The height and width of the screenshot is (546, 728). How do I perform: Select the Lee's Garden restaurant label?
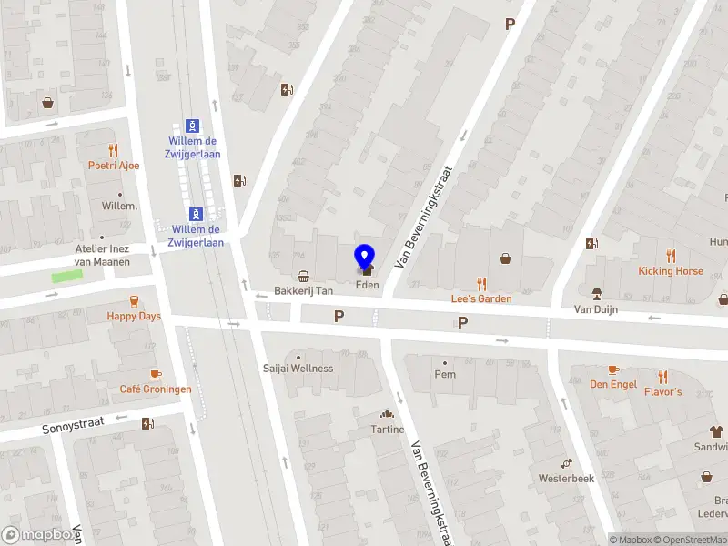pos(481,298)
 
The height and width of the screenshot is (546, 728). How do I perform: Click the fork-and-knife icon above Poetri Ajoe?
pos(113,151)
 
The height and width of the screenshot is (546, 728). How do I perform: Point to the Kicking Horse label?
pos(670,271)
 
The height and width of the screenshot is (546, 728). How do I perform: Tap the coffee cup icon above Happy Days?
pos(134,301)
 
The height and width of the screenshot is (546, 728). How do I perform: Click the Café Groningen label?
pos(156,389)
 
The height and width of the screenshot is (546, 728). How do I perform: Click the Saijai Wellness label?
pos(298,369)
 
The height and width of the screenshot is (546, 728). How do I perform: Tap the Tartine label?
pos(388,430)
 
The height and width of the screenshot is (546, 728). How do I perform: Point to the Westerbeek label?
pos(566,478)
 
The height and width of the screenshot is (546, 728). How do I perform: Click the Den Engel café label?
pos(612,384)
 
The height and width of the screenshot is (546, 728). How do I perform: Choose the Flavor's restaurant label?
pos(662,391)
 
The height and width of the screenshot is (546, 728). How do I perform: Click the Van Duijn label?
pos(596,309)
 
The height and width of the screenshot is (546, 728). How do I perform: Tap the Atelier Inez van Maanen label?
pos(102,256)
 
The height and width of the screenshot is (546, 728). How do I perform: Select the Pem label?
pos(445,374)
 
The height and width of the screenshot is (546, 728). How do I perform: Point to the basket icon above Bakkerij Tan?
pos(303,276)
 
